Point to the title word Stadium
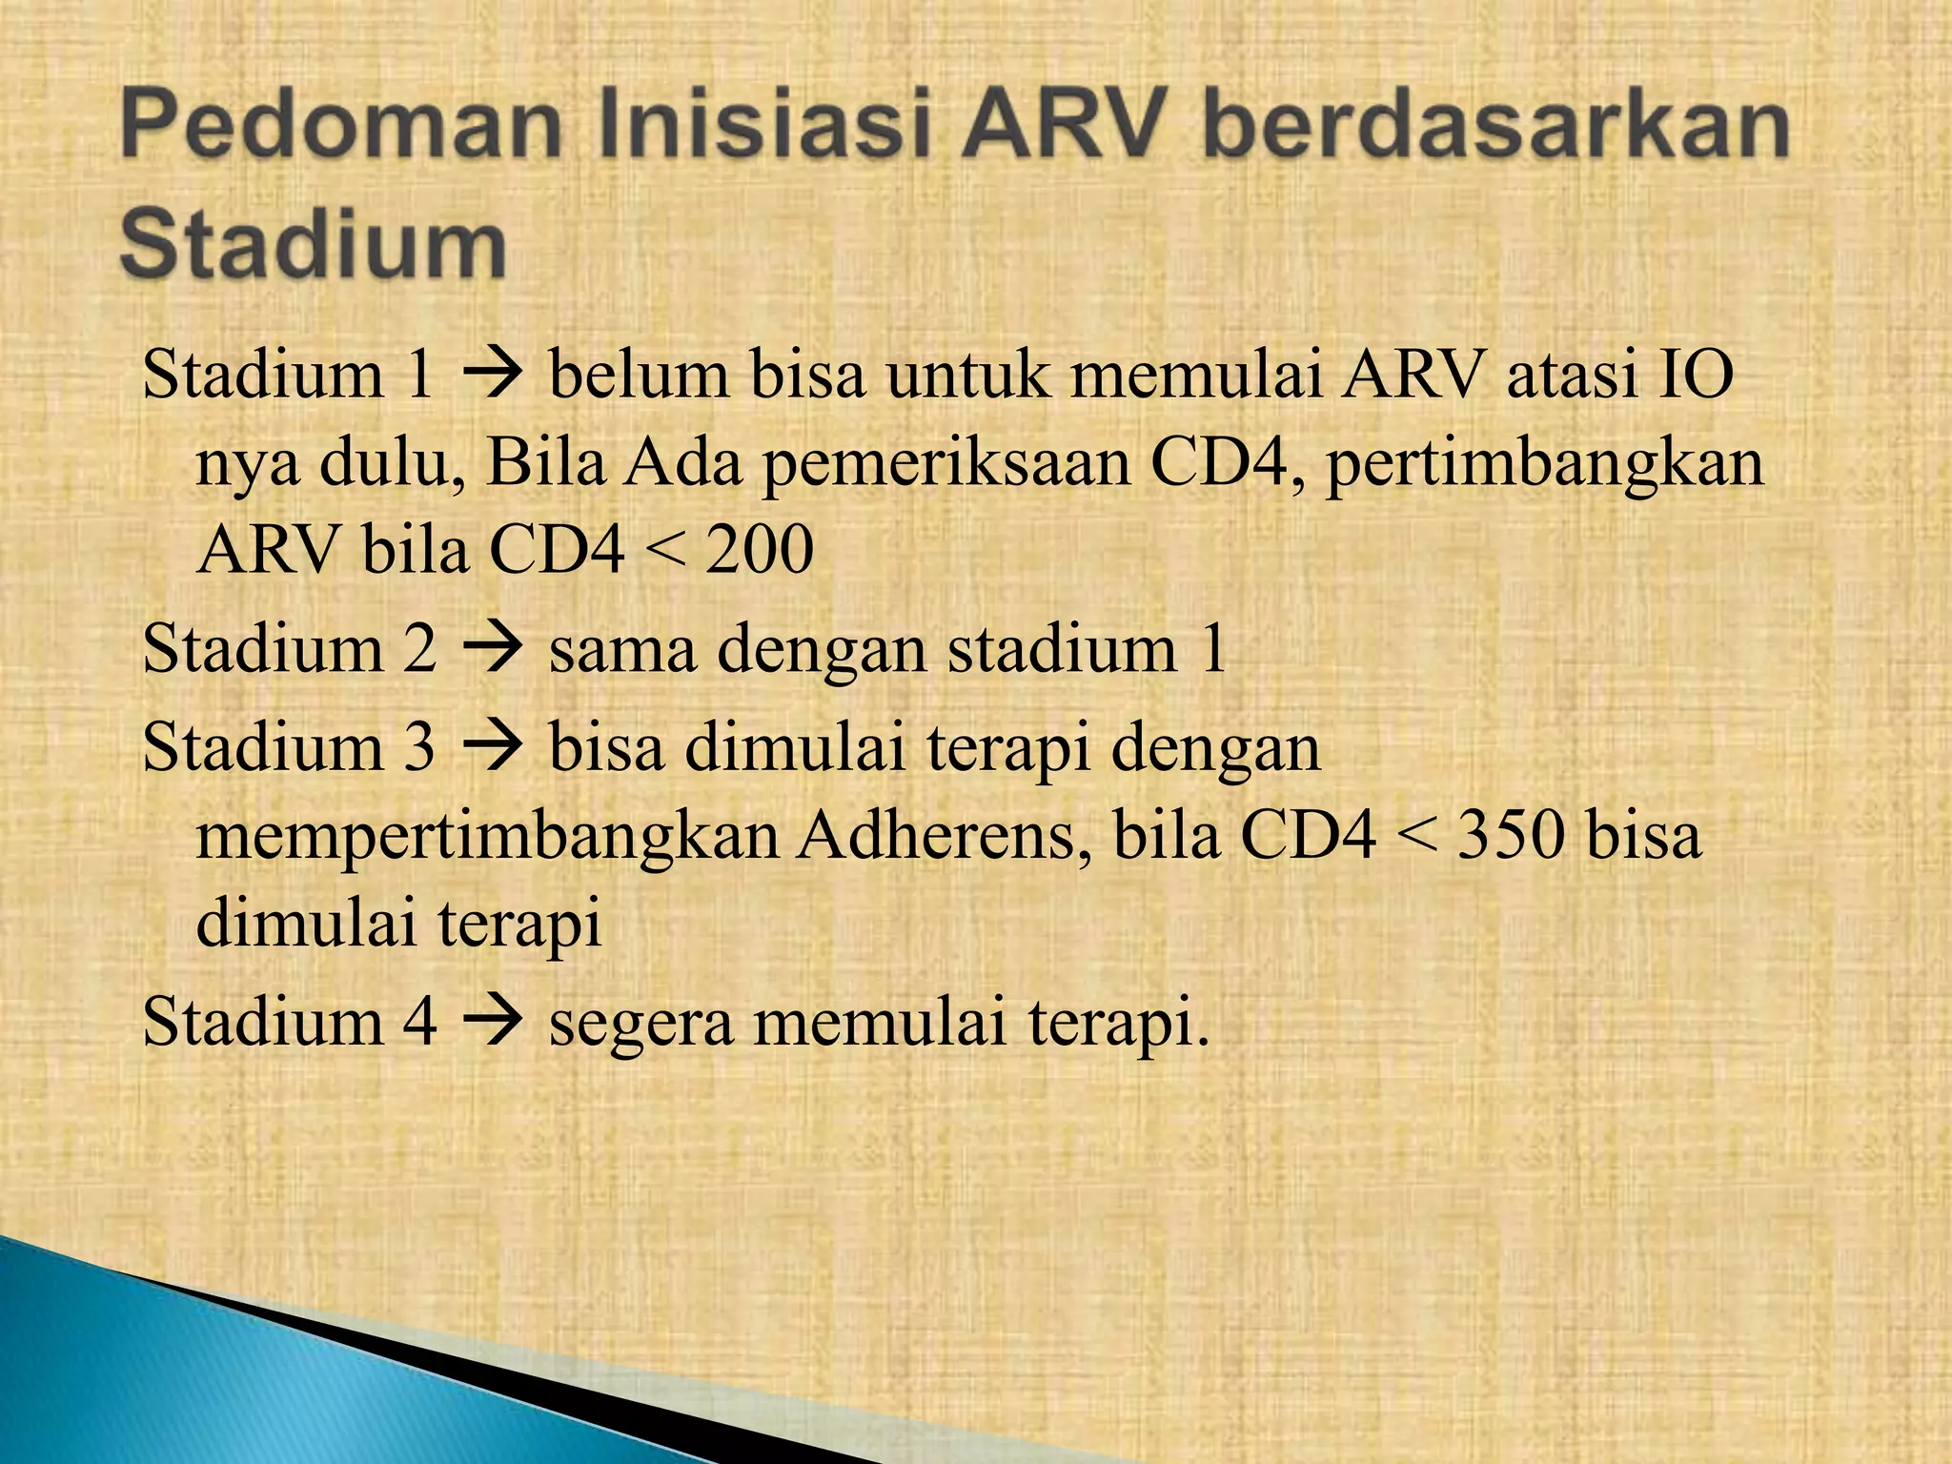[x=313, y=245]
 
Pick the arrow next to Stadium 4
[x=492, y=1023]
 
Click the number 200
[x=760, y=551]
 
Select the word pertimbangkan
[x=1544, y=465]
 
